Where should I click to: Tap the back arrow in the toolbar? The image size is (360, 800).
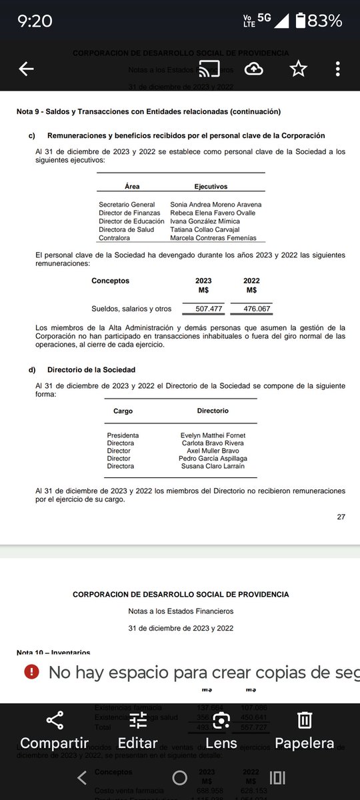tap(27, 69)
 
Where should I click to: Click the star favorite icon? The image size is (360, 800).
tap(298, 69)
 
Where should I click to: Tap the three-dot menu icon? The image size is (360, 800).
tap(338, 69)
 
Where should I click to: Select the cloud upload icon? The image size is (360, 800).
tap(254, 69)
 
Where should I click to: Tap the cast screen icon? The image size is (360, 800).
tap(207, 69)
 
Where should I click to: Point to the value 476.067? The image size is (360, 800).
tap(252, 309)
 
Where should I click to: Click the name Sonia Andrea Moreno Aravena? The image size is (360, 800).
tap(216, 204)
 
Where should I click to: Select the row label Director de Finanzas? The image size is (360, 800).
tap(129, 213)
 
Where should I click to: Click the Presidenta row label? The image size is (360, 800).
tap(123, 435)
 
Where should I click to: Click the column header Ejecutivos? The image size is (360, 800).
tap(211, 187)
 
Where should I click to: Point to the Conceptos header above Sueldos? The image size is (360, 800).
tap(110, 281)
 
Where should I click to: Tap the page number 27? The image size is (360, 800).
tap(341, 516)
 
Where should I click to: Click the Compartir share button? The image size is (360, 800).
tap(54, 729)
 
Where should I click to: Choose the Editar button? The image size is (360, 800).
tap(137, 729)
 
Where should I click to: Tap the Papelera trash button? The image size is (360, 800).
tap(305, 729)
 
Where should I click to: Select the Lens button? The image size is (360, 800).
tap(221, 729)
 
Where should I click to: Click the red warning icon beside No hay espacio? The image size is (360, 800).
tap(31, 672)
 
